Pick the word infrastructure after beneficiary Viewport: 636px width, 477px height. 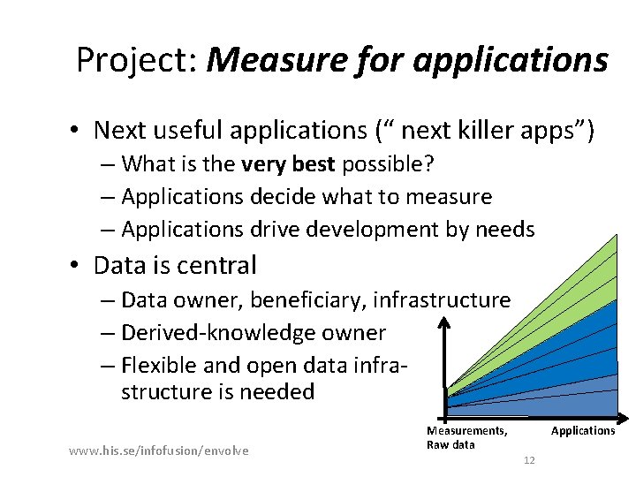[x=442, y=300]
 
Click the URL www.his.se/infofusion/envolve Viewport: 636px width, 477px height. [x=158, y=451]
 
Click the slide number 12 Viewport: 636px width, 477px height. [x=529, y=460]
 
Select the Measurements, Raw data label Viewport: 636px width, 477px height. [x=466, y=437]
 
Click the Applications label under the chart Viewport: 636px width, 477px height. [x=583, y=431]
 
